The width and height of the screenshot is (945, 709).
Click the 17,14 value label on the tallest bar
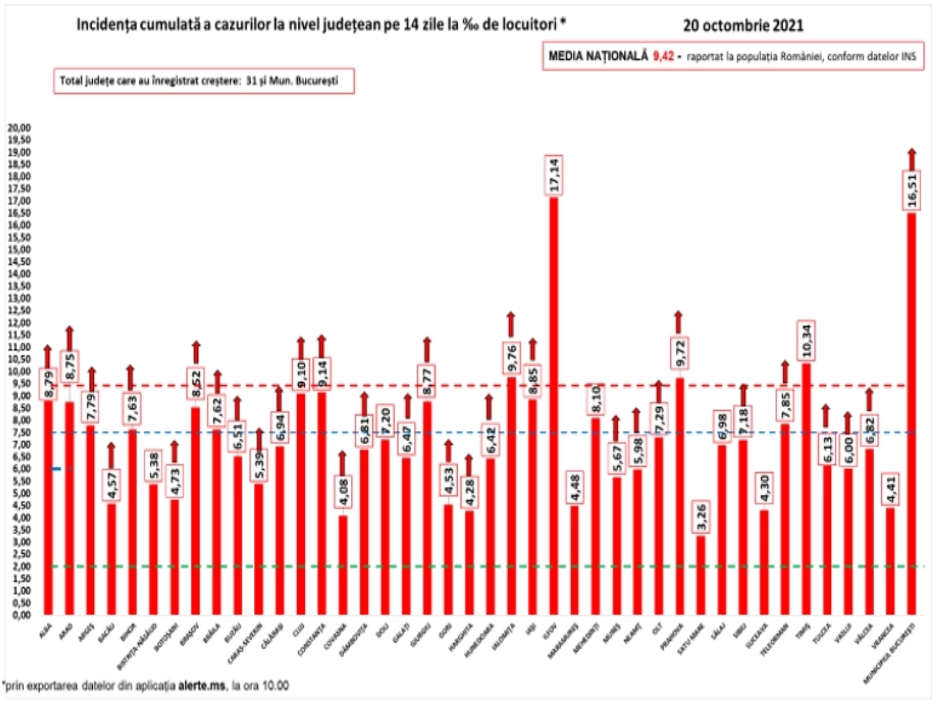553,175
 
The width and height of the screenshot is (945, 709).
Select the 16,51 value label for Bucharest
912,190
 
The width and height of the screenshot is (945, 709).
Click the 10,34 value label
806,341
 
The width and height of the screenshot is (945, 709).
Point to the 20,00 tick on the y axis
19,128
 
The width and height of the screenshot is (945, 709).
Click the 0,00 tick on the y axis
19,615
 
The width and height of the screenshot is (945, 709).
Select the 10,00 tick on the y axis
19,372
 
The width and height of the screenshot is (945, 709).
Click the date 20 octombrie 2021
743,25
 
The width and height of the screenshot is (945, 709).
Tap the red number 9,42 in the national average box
663,57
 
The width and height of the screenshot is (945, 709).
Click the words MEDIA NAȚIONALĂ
598,57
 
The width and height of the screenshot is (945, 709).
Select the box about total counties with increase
204,81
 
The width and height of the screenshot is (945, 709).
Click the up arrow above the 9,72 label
679,322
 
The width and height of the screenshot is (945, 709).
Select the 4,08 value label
343,492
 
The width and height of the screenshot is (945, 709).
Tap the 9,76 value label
511,357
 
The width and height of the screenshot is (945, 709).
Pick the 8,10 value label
595,399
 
